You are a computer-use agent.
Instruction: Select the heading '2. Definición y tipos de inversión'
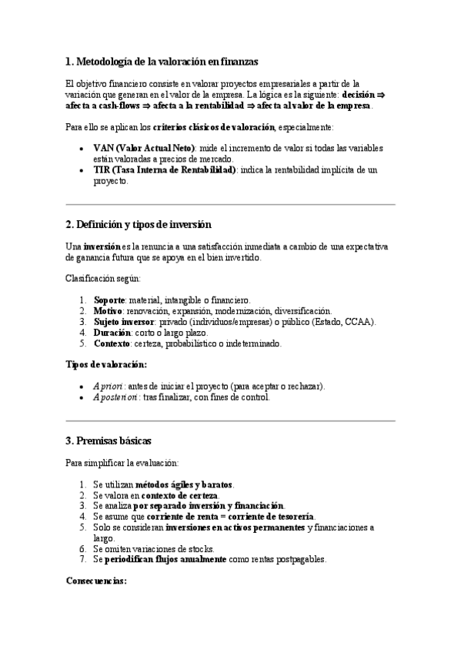point(139,224)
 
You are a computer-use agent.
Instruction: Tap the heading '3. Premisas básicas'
point(109,440)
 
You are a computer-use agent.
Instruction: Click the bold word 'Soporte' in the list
point(109,300)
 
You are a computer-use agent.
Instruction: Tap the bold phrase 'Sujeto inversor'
point(124,321)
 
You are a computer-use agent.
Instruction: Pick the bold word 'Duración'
point(112,333)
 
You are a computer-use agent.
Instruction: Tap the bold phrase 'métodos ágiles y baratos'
point(184,484)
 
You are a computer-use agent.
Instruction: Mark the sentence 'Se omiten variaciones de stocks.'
point(153,549)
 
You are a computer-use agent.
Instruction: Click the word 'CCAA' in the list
point(360,321)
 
